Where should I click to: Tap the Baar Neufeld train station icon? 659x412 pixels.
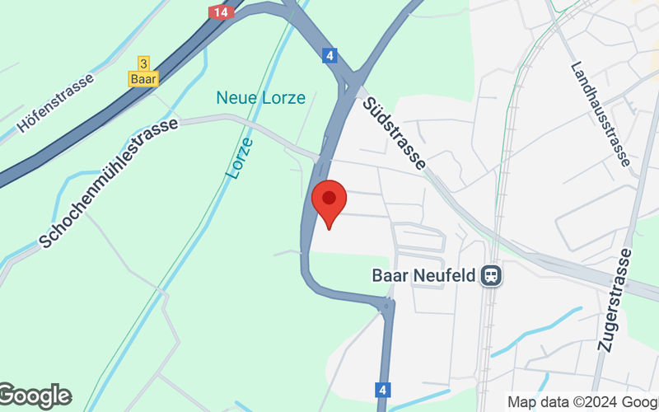(x=492, y=274)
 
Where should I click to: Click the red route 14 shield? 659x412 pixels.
(x=221, y=12)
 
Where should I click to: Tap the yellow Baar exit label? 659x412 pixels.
(x=143, y=79)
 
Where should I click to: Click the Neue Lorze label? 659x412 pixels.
(x=260, y=97)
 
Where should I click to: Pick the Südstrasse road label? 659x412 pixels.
(x=394, y=130)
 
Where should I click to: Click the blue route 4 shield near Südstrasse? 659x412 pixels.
(x=329, y=56)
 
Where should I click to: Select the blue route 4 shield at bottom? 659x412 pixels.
(x=382, y=388)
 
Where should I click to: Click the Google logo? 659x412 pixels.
(x=35, y=396)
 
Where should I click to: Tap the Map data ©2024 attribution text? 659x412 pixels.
(x=582, y=402)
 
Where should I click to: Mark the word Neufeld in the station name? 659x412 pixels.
(x=447, y=274)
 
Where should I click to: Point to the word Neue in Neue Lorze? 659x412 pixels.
(x=234, y=97)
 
